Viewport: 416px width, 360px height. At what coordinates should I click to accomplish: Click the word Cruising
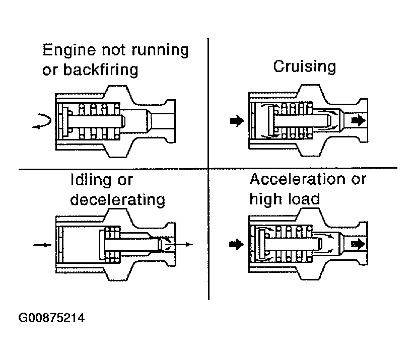305,67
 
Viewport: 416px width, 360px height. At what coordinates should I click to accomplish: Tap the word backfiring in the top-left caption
101,70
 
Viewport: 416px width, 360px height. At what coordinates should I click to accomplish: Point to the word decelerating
117,200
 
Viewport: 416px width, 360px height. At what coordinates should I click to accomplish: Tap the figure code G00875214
51,318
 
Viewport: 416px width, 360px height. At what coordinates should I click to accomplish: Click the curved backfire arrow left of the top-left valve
41,121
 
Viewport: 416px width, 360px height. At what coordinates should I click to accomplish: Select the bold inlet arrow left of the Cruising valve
237,121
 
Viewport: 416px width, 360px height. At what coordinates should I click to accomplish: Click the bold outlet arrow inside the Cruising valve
358,121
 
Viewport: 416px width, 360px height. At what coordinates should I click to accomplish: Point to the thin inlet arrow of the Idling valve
42,245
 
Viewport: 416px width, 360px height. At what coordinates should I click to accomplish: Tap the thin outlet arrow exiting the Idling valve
179,244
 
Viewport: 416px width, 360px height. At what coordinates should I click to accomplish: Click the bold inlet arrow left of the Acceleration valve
236,244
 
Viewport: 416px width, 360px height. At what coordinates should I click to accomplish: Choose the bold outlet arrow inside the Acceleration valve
358,244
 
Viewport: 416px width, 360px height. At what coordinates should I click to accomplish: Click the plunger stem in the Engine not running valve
97,122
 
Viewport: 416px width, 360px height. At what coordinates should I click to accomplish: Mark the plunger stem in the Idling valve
133,244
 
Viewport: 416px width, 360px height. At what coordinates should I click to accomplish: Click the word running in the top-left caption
160,50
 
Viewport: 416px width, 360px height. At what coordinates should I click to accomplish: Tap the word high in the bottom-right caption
267,199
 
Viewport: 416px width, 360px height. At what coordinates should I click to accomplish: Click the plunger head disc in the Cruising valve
271,120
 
